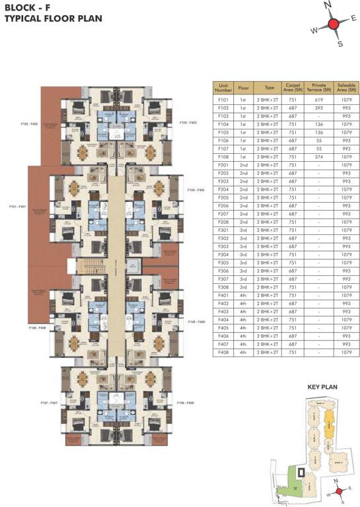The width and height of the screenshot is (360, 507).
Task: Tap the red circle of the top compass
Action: pos(334,24)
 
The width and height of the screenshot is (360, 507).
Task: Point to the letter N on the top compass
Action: pos(325,5)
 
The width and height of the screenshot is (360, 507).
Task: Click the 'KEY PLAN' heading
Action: pos(323,388)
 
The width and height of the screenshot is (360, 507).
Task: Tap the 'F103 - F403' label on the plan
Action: pos(188,122)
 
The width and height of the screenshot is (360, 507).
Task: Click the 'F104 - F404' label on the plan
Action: pos(196,190)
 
